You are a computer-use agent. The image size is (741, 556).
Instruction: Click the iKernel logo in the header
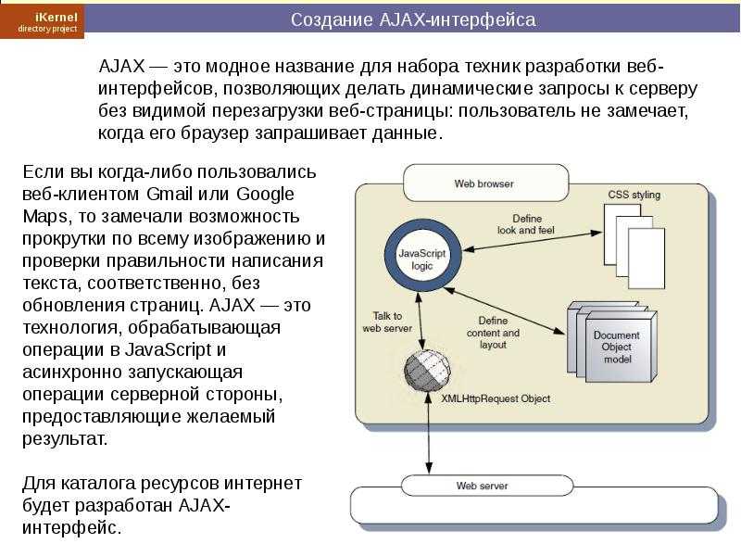point(42,20)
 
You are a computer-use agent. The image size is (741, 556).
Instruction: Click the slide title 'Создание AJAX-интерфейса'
point(413,19)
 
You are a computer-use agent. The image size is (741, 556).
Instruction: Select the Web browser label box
point(485,183)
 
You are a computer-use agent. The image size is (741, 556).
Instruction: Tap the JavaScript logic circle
point(422,259)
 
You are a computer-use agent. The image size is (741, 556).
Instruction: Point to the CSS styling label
point(634,195)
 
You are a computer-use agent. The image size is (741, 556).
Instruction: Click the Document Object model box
point(612,342)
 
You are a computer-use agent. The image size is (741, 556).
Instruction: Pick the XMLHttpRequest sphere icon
point(427,371)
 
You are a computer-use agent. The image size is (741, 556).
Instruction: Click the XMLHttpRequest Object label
point(496,398)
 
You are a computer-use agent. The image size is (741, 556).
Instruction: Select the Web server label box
point(487,486)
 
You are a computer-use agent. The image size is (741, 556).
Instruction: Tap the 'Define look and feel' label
point(526,224)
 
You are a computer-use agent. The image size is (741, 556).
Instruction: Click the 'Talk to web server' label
point(387,322)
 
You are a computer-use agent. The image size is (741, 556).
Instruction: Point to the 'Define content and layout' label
point(493,333)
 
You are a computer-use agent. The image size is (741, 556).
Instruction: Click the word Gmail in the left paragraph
point(170,195)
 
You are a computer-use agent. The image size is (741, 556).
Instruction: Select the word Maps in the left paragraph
point(45,217)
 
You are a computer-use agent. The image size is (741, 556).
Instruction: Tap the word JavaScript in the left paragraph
point(168,350)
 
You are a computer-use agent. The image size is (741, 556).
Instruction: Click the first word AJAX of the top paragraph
point(121,66)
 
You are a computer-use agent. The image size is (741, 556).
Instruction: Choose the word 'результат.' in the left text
point(65,439)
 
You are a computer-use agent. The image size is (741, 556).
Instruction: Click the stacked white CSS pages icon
point(634,246)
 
